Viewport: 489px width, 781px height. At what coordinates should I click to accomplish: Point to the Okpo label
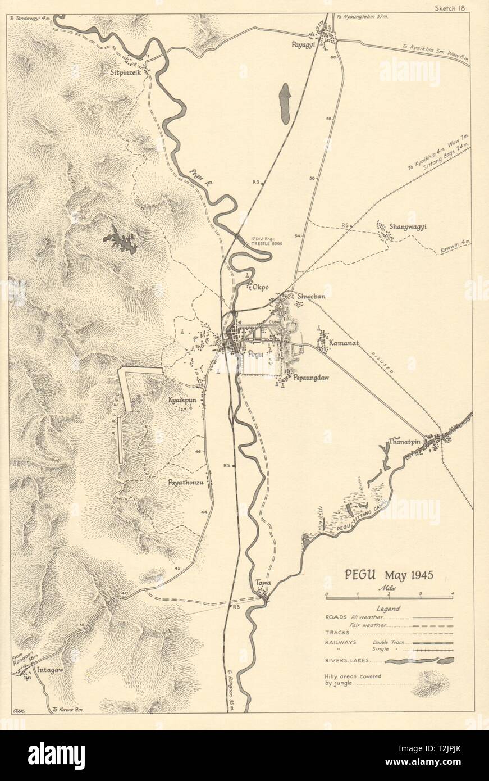tap(260, 287)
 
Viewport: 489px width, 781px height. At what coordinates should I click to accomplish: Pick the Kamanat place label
tap(344, 342)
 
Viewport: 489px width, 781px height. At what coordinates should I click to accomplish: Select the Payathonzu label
tap(185, 482)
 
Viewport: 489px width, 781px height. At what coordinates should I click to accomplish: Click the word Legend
tap(388, 608)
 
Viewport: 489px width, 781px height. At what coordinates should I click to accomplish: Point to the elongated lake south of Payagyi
tap(285, 104)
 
